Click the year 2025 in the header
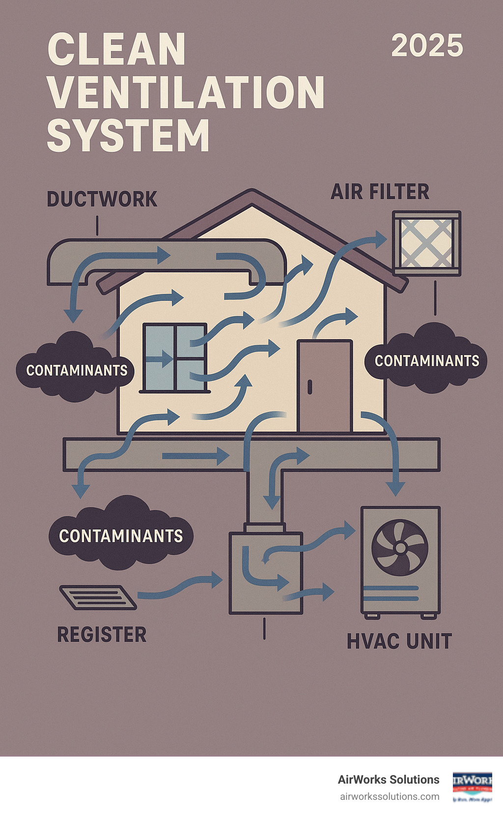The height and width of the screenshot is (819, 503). (x=427, y=46)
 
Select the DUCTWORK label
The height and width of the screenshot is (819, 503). (x=102, y=199)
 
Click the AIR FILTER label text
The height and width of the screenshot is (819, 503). (x=380, y=192)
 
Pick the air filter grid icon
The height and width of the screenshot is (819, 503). (x=426, y=243)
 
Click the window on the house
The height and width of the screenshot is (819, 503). (x=174, y=357)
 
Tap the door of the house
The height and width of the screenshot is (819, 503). (x=325, y=386)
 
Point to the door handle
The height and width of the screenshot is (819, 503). (x=309, y=387)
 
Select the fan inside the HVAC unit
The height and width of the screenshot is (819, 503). (x=399, y=547)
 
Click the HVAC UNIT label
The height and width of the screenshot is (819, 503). (x=399, y=642)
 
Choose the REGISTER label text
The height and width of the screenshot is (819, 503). (x=102, y=635)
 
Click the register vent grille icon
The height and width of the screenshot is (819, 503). (x=98, y=597)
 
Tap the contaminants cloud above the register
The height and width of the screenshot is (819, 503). (x=121, y=535)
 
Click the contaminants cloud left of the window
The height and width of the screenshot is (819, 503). (x=76, y=370)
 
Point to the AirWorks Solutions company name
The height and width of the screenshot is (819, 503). (x=389, y=780)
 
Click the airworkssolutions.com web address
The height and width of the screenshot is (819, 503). (x=390, y=796)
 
